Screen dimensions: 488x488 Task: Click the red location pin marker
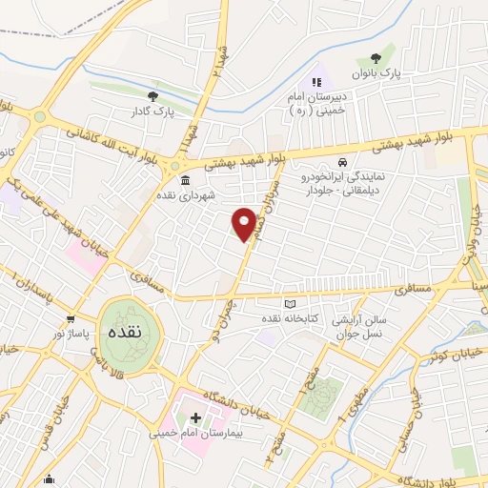pos(245,223)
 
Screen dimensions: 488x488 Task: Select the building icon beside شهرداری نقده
pos(184,181)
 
